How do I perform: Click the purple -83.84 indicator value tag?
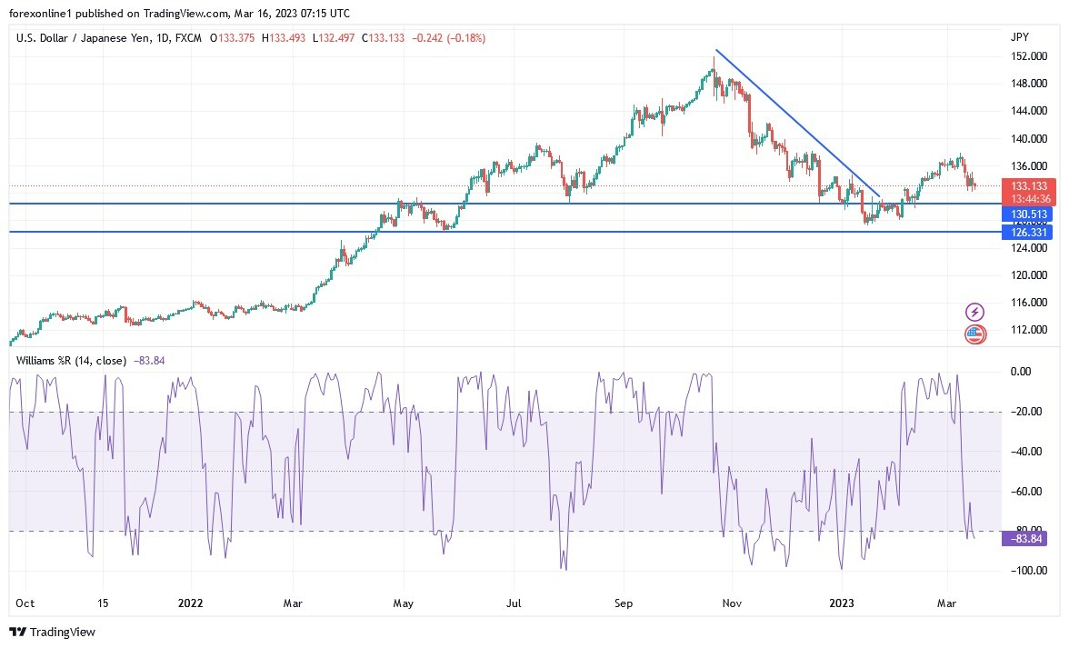click(1028, 539)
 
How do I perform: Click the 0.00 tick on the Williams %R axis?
click(1022, 372)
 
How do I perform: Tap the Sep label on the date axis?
click(623, 603)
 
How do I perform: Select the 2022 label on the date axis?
click(192, 603)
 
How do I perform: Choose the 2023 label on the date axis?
click(841, 603)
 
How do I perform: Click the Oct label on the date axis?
click(25, 603)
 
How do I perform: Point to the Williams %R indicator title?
click(71, 361)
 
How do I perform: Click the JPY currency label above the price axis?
click(1019, 37)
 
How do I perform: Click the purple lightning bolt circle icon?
click(974, 313)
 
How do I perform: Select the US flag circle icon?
click(974, 334)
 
